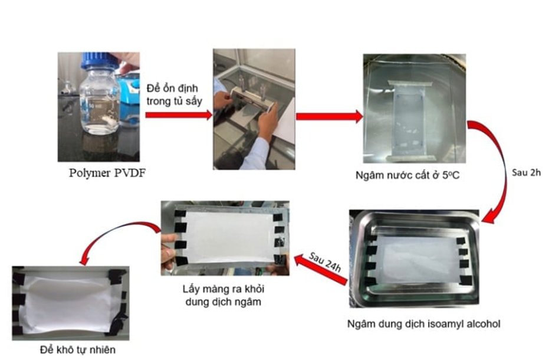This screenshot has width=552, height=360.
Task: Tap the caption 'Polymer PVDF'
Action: (x=107, y=173)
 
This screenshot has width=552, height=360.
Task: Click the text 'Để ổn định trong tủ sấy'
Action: (x=174, y=95)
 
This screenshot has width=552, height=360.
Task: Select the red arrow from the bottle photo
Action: (x=179, y=115)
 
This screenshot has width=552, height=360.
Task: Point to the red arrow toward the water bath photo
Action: (x=330, y=116)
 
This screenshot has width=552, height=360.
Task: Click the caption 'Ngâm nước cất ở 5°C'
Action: (x=408, y=175)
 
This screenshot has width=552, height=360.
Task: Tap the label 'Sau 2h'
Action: (x=526, y=172)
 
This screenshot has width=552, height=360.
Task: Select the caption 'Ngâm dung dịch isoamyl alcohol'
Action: (x=423, y=324)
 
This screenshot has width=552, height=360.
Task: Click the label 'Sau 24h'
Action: (x=324, y=262)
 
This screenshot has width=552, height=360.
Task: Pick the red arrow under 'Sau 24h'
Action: (x=320, y=270)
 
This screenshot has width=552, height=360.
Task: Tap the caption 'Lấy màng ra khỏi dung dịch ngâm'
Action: (x=223, y=295)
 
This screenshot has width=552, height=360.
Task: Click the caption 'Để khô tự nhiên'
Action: (x=78, y=350)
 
